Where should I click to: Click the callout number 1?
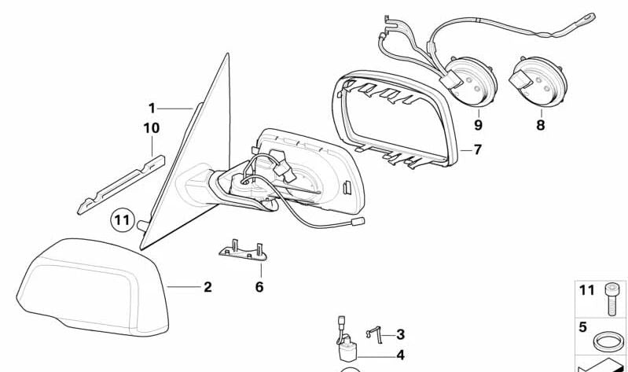[x=152, y=109]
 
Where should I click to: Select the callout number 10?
[x=152, y=128]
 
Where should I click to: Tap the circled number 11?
[x=122, y=220]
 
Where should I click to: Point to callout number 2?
[x=207, y=287]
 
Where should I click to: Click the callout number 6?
[x=259, y=287]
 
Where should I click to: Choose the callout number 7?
[x=477, y=150]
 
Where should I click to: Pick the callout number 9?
[x=479, y=125]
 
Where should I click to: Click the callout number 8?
[x=541, y=125]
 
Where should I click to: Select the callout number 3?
[x=401, y=334]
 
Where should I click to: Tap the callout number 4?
[x=401, y=355]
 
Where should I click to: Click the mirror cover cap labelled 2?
[x=93, y=287]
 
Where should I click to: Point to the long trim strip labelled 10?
[x=121, y=185]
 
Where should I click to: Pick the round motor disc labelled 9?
[x=473, y=82]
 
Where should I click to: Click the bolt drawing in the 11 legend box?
[x=611, y=299]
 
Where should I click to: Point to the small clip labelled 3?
[x=373, y=334]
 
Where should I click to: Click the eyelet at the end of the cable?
[x=589, y=17]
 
